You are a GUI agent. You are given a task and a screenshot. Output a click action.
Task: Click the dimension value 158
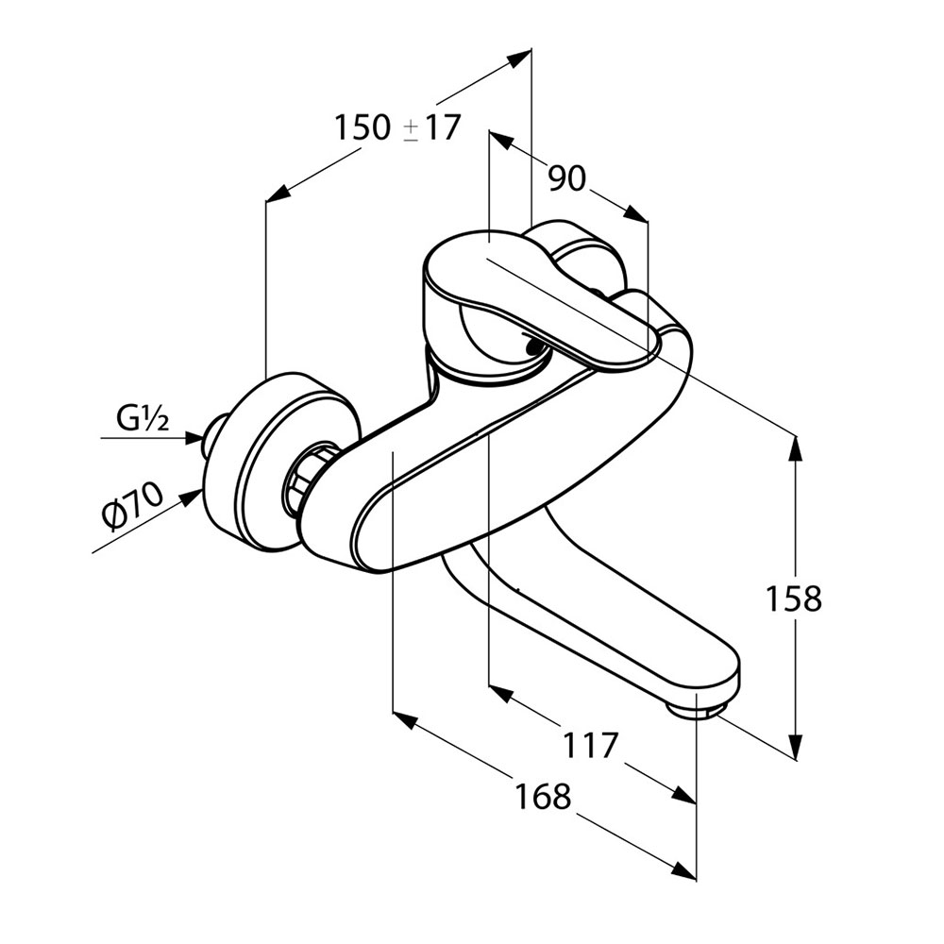793,598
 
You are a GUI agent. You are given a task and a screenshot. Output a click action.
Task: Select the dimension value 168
542,796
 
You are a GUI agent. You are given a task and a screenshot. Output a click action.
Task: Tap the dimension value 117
591,745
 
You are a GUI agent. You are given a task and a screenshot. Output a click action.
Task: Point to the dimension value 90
566,177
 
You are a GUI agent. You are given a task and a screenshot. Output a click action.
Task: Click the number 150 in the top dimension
362,127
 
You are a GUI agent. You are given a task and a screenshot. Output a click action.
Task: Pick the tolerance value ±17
431,127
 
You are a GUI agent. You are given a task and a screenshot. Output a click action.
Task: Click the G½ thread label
143,420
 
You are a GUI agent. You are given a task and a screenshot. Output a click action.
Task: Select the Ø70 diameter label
133,507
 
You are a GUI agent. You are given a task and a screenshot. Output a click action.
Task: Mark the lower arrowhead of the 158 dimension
796,747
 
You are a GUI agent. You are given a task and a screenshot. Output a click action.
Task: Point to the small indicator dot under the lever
532,346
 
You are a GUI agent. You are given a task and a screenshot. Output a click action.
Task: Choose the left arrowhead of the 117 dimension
501,695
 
